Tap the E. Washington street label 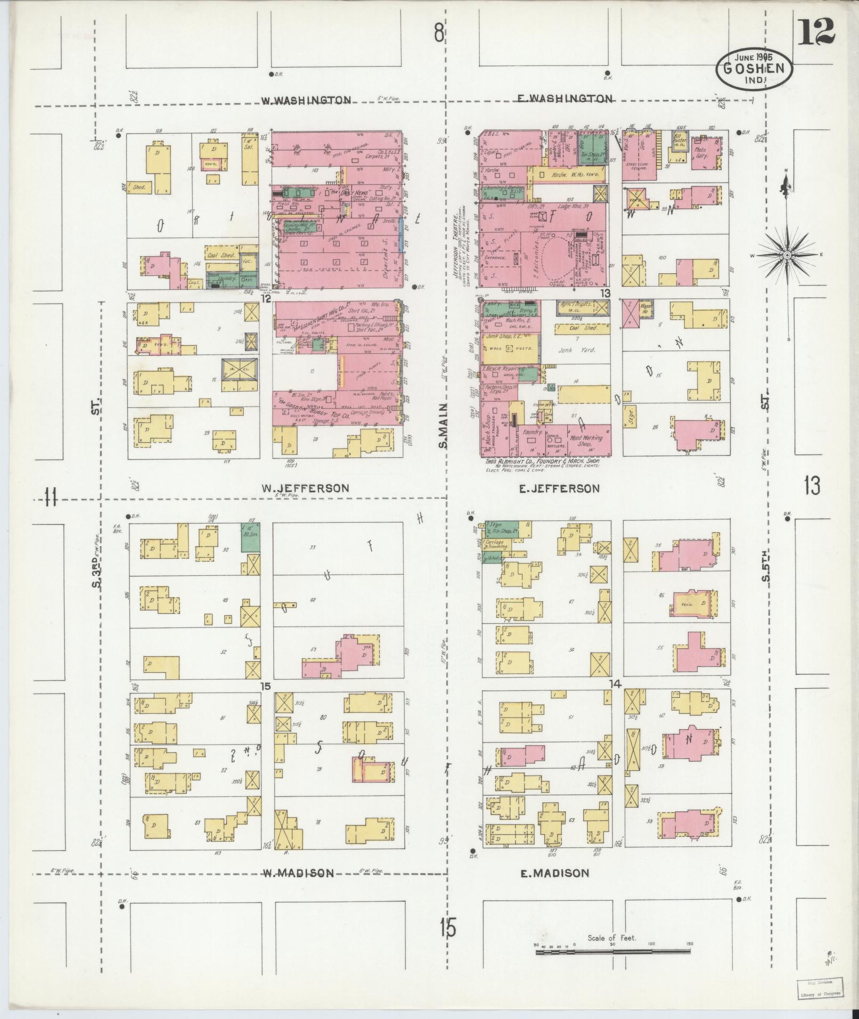point(566,99)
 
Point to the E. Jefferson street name point(559,488)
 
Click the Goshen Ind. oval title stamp point(754,69)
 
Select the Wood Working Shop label point(586,441)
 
